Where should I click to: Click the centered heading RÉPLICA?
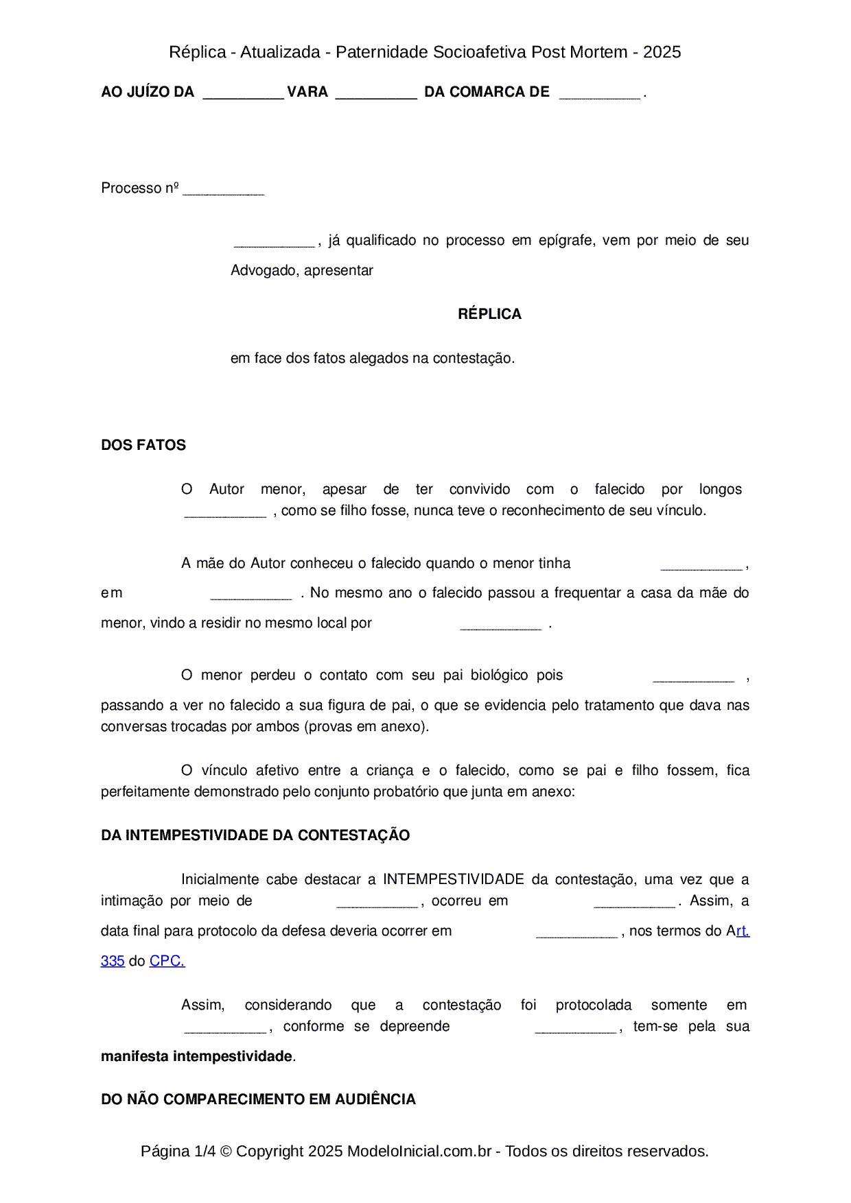coord(489,314)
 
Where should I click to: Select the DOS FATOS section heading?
coord(143,445)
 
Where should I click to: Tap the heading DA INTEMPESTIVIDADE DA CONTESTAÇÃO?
coord(255,835)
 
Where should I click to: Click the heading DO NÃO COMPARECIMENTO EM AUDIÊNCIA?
coord(258,1099)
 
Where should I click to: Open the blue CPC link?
coord(167,961)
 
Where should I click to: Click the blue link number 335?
coord(113,961)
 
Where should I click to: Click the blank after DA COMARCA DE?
coord(599,95)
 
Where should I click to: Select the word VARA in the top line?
coord(307,92)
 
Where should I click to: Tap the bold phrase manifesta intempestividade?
coord(197,1056)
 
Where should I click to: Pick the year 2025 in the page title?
coord(662,52)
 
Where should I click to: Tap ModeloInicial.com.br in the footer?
coord(419,1151)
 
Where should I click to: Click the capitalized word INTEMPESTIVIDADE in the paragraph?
coord(453,879)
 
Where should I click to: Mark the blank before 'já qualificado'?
coord(274,243)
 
